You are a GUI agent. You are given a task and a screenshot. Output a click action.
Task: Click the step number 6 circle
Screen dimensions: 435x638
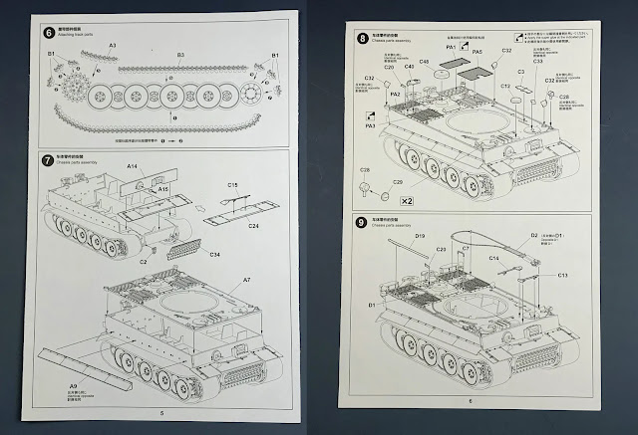coord(49,31)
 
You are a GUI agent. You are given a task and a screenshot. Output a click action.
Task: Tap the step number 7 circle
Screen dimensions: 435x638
coord(49,159)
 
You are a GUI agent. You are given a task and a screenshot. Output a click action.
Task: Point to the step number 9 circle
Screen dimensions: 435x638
coord(363,220)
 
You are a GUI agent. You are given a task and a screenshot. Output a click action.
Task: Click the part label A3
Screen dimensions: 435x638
coord(113,46)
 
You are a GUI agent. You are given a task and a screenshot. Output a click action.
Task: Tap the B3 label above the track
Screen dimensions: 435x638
coord(180,55)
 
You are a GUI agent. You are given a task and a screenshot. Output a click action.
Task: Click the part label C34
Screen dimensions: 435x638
coord(213,255)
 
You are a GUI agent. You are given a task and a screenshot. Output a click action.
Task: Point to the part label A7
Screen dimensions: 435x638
coord(246,280)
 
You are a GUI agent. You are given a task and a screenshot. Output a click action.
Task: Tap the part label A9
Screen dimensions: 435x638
coord(73,385)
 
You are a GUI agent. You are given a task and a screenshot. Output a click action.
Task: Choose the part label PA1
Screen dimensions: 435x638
coord(452,47)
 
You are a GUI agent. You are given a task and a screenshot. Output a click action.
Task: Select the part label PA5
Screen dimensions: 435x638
coord(478,51)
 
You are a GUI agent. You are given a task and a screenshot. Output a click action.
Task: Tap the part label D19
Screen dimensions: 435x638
coord(420,236)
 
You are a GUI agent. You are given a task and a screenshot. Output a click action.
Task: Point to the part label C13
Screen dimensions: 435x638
coord(562,274)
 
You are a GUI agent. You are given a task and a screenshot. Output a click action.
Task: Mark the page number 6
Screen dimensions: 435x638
coord(469,402)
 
